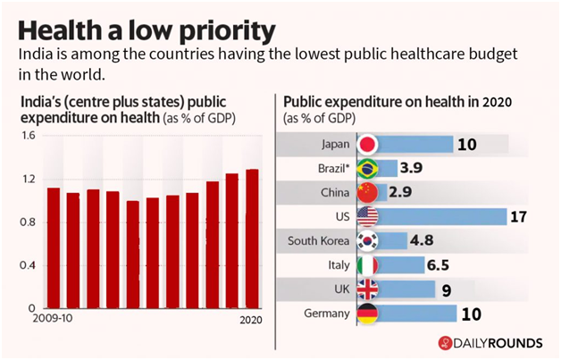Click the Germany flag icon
[x=368, y=313]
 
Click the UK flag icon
[x=368, y=289]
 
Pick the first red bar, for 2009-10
[x=53, y=247]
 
